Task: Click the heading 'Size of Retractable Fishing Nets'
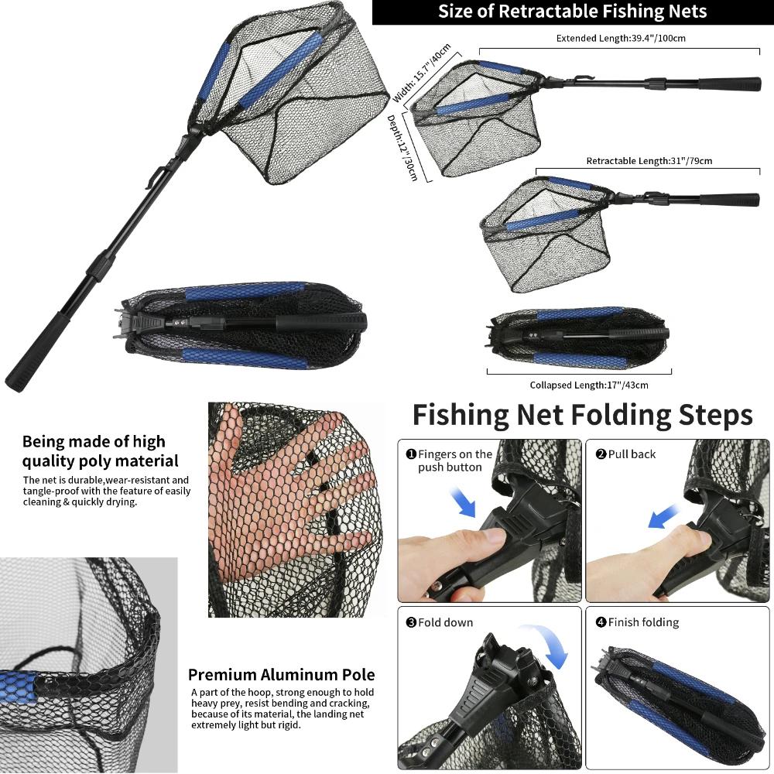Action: (572, 12)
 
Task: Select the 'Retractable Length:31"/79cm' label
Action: (649, 161)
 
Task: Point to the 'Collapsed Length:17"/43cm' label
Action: (588, 385)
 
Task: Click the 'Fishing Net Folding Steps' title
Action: (582, 415)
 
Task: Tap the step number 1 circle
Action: (411, 454)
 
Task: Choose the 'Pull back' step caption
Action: (631, 454)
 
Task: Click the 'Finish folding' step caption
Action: (642, 622)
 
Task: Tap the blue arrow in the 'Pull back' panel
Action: (664, 514)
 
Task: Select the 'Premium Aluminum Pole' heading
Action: (281, 675)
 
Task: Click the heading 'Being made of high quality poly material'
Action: (100, 451)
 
